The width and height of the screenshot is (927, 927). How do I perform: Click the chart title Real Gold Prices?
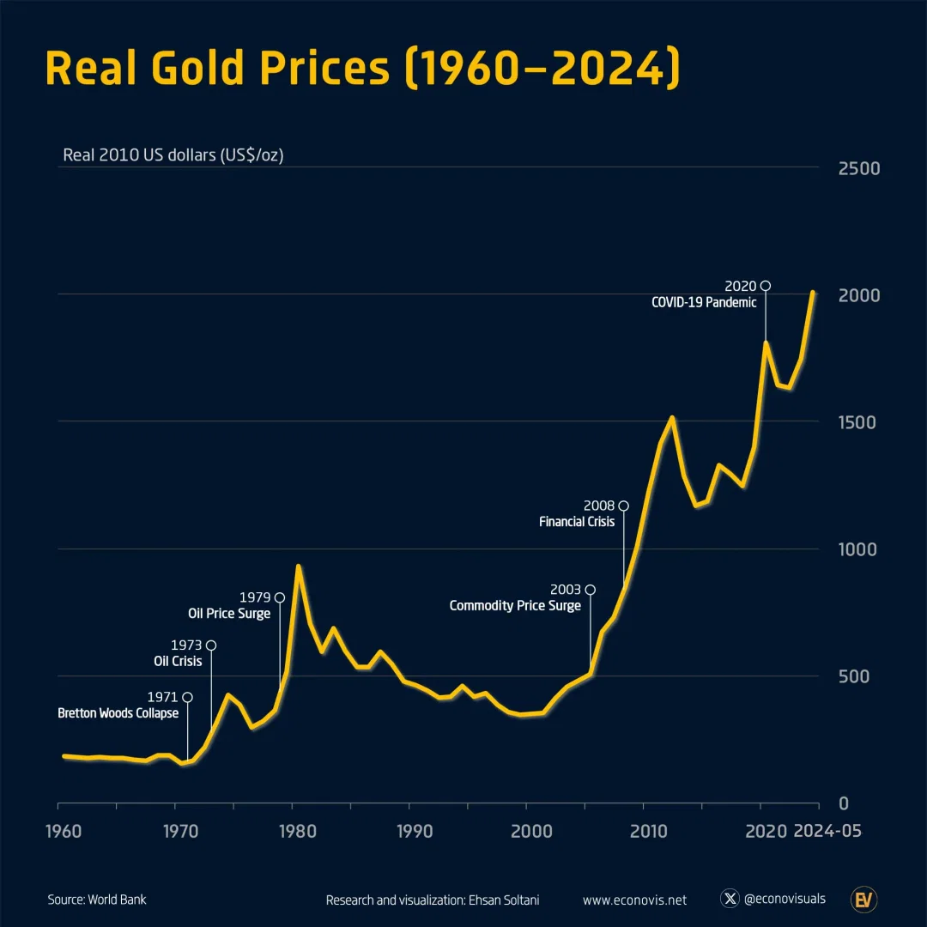pyautogui.click(x=361, y=68)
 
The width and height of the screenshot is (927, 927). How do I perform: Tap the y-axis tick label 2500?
pyautogui.click(x=859, y=168)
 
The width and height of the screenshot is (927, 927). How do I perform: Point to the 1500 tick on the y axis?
pyautogui.click(x=859, y=422)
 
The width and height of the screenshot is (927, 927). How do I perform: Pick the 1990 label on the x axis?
pyautogui.click(x=415, y=831)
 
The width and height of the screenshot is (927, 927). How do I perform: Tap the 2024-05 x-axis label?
pyautogui.click(x=827, y=831)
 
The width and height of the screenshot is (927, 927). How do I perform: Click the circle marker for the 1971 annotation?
pyautogui.click(x=187, y=697)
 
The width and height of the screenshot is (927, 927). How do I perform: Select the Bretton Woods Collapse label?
pyautogui.click(x=118, y=713)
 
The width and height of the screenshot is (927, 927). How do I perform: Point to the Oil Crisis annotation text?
pyautogui.click(x=178, y=661)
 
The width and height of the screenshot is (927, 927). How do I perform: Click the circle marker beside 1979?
pyautogui.click(x=279, y=597)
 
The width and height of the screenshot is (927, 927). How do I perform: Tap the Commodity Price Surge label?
pyautogui.click(x=515, y=606)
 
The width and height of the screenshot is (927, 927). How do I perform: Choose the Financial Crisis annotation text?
pyautogui.click(x=577, y=522)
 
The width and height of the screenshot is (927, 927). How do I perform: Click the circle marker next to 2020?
pyautogui.click(x=766, y=286)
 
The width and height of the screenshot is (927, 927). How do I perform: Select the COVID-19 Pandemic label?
pyautogui.click(x=704, y=302)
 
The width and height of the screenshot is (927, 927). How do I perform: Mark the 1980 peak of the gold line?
pyautogui.click(x=298, y=566)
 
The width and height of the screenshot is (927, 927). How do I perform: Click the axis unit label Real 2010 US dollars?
pyautogui.click(x=173, y=155)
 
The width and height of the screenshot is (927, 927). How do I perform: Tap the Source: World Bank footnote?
pyautogui.click(x=97, y=900)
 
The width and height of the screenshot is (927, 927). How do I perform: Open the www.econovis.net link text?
pyautogui.click(x=634, y=900)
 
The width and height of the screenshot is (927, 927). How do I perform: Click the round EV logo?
pyautogui.click(x=863, y=900)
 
